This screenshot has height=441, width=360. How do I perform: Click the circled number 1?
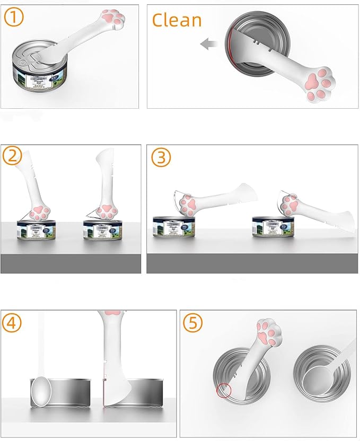tap(13, 17)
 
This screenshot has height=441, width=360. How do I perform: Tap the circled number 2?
tap(13, 157)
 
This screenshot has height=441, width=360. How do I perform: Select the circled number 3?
tap(160, 157)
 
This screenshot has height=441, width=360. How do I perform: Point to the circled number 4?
tap(13, 322)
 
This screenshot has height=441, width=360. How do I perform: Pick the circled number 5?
tap(192, 322)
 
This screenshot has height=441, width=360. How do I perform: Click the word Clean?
tap(177, 20)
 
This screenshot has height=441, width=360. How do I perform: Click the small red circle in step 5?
tap(224, 391)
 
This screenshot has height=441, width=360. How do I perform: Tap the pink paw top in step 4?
tap(112, 313)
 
